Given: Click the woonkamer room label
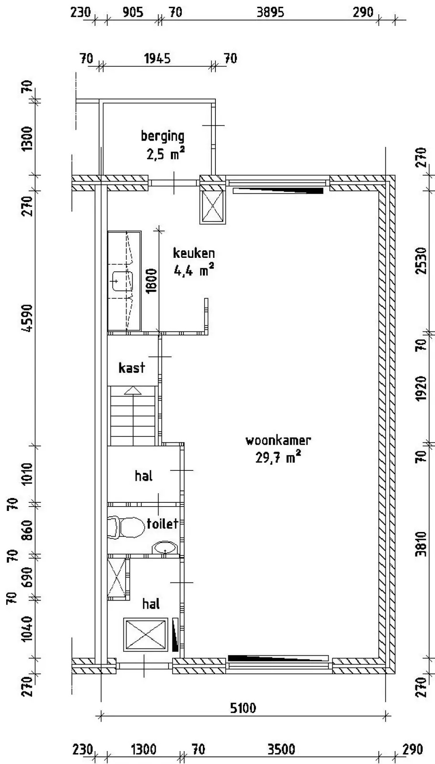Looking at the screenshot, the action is tap(278, 440).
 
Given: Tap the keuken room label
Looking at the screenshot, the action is tap(194, 253).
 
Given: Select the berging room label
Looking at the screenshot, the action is tap(162, 137).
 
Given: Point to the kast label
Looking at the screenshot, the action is tap(132, 368).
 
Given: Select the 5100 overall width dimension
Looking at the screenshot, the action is tap(243, 709).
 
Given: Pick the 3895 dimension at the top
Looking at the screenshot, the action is tap(270, 12).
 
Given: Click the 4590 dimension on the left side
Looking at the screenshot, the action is tap(27, 318).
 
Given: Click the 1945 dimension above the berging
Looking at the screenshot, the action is tap(157, 58).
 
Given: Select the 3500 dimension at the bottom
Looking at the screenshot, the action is tap(281, 750).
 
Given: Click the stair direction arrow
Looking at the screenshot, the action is tap(133, 391).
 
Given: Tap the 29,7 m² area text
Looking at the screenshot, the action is tap(278, 457).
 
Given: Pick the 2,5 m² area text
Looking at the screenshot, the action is tap(166, 154).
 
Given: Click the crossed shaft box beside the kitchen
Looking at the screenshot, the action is tap(212, 206).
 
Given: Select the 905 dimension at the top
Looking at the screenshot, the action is tap(132, 12).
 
